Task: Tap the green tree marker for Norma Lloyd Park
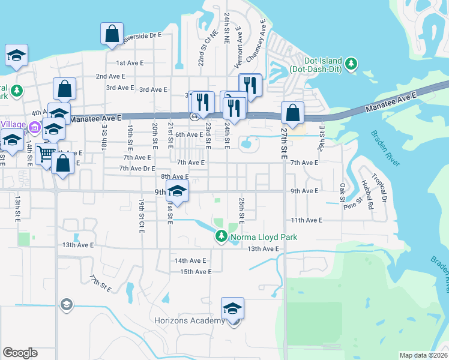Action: [x=221, y=238]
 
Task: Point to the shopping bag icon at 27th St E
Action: [x=292, y=113]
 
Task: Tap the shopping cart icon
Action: [x=45, y=154]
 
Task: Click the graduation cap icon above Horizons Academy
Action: [x=232, y=309]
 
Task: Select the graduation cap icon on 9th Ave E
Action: [x=177, y=191]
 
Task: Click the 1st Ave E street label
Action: [x=129, y=63]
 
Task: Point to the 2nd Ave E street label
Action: [x=110, y=77]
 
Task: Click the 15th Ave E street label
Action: [x=195, y=272]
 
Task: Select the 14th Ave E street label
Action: [x=190, y=261]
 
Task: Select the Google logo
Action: [x=20, y=353]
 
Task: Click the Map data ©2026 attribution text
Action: [x=424, y=355]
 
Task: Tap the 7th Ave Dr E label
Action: [x=137, y=169]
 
